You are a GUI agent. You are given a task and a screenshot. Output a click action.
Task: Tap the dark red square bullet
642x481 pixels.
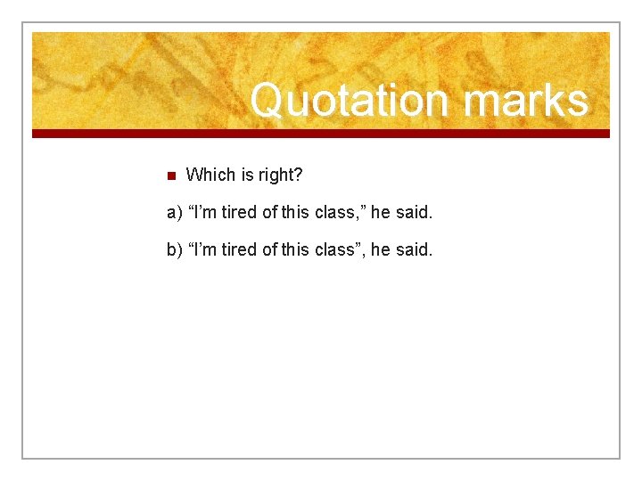172,175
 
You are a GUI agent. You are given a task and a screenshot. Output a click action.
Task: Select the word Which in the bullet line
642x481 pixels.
208,175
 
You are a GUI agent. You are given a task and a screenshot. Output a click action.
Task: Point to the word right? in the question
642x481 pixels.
280,175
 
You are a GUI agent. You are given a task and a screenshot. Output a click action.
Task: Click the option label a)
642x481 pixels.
175,213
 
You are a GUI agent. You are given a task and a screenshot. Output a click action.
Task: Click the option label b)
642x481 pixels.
175,250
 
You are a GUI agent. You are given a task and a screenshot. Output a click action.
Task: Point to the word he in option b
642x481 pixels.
380,250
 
